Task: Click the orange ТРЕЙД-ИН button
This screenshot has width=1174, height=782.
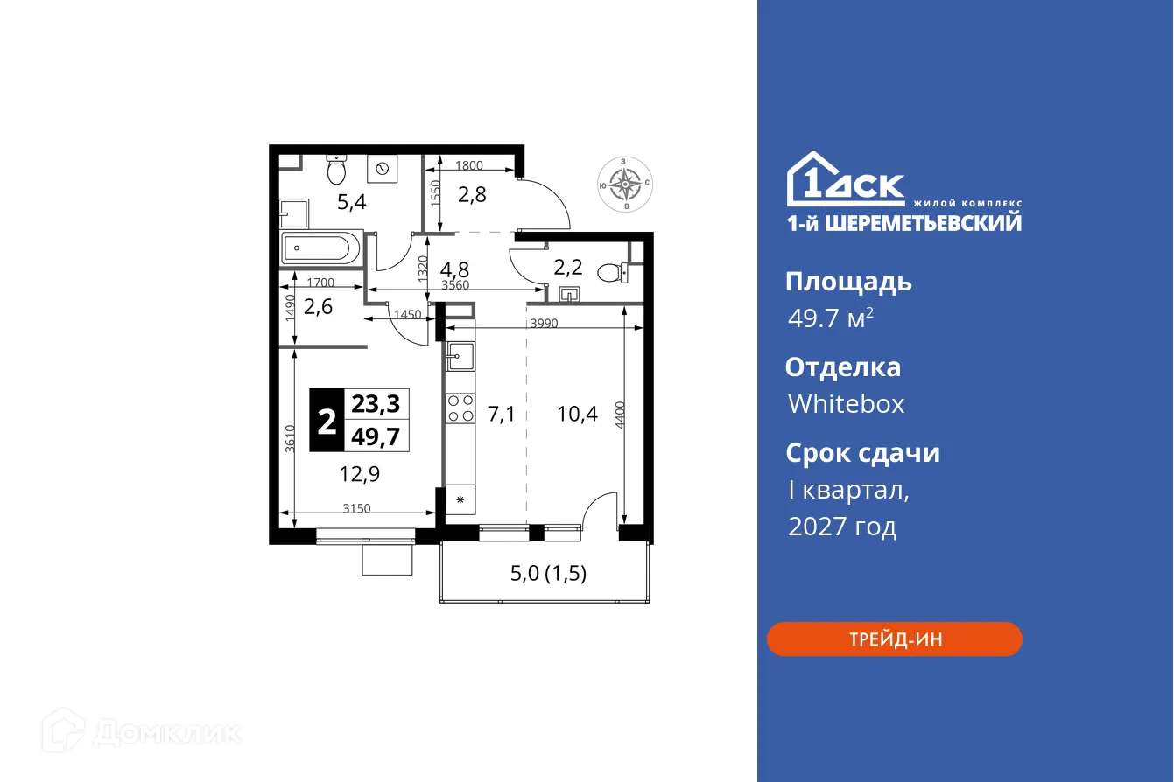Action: [x=894, y=639]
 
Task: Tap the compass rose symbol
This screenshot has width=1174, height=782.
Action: [x=623, y=184]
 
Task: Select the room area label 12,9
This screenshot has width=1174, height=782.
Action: [x=359, y=474]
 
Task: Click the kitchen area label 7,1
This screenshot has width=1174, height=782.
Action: [x=501, y=414]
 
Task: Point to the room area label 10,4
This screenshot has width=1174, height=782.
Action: [x=577, y=414]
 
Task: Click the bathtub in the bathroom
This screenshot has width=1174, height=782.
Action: [x=320, y=248]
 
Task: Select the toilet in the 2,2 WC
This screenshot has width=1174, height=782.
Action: [x=609, y=273]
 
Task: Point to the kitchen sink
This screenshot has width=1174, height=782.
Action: [x=460, y=355]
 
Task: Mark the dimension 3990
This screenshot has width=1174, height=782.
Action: [x=544, y=324]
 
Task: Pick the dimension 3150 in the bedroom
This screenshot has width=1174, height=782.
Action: [x=356, y=508]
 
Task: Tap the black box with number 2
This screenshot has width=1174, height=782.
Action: [x=327, y=421]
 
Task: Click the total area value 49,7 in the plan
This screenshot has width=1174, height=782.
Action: [x=376, y=436]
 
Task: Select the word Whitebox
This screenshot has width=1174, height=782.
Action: [x=846, y=404]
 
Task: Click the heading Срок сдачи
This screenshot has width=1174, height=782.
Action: [x=862, y=453]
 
